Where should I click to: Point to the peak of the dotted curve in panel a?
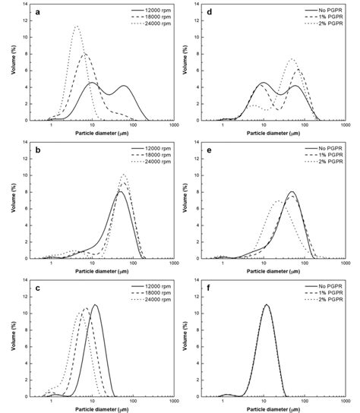(x=76, y=27)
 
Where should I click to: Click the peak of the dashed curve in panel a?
(x=85, y=54)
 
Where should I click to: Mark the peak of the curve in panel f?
(x=266, y=305)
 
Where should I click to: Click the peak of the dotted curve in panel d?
(x=292, y=59)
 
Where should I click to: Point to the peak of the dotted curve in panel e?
(x=278, y=201)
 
